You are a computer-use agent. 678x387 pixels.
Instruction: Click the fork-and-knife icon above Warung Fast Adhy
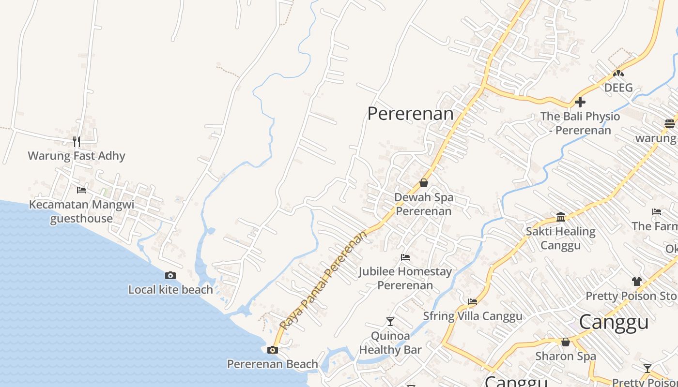(76, 141)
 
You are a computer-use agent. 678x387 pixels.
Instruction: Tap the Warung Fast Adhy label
(77, 156)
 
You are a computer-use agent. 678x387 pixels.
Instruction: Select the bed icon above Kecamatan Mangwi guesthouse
(81, 190)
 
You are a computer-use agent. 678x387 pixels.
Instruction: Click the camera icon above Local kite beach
(170, 275)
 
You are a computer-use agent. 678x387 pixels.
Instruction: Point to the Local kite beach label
(170, 290)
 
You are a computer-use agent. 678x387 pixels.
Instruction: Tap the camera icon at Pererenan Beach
(273, 350)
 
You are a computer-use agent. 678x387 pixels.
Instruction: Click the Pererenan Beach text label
(273, 364)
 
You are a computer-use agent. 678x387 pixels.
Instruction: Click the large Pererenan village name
(410, 114)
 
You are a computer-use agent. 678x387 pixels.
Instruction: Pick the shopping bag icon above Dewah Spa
(424, 183)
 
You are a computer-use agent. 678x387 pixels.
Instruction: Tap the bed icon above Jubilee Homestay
(405, 257)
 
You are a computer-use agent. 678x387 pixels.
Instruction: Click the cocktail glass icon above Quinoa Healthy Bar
(390, 321)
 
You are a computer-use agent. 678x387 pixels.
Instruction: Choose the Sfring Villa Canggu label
(473, 316)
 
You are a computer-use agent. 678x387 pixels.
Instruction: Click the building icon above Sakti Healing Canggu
(561, 217)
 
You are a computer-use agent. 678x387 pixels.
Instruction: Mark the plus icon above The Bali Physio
(580, 102)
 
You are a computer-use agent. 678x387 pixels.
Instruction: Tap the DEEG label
(618, 88)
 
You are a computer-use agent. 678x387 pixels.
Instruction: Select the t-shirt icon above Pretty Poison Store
(637, 281)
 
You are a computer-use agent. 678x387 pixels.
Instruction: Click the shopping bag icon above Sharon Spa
(566, 342)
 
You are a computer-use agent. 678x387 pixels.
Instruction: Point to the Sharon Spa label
(566, 357)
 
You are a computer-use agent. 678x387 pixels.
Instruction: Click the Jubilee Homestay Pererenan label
(405, 278)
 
